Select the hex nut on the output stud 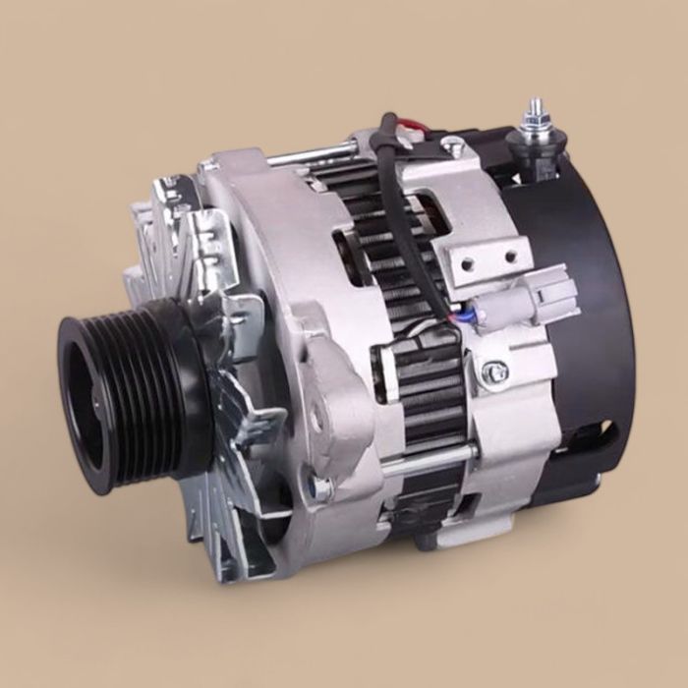tap(534, 126)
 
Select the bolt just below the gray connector tap(495, 372)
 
